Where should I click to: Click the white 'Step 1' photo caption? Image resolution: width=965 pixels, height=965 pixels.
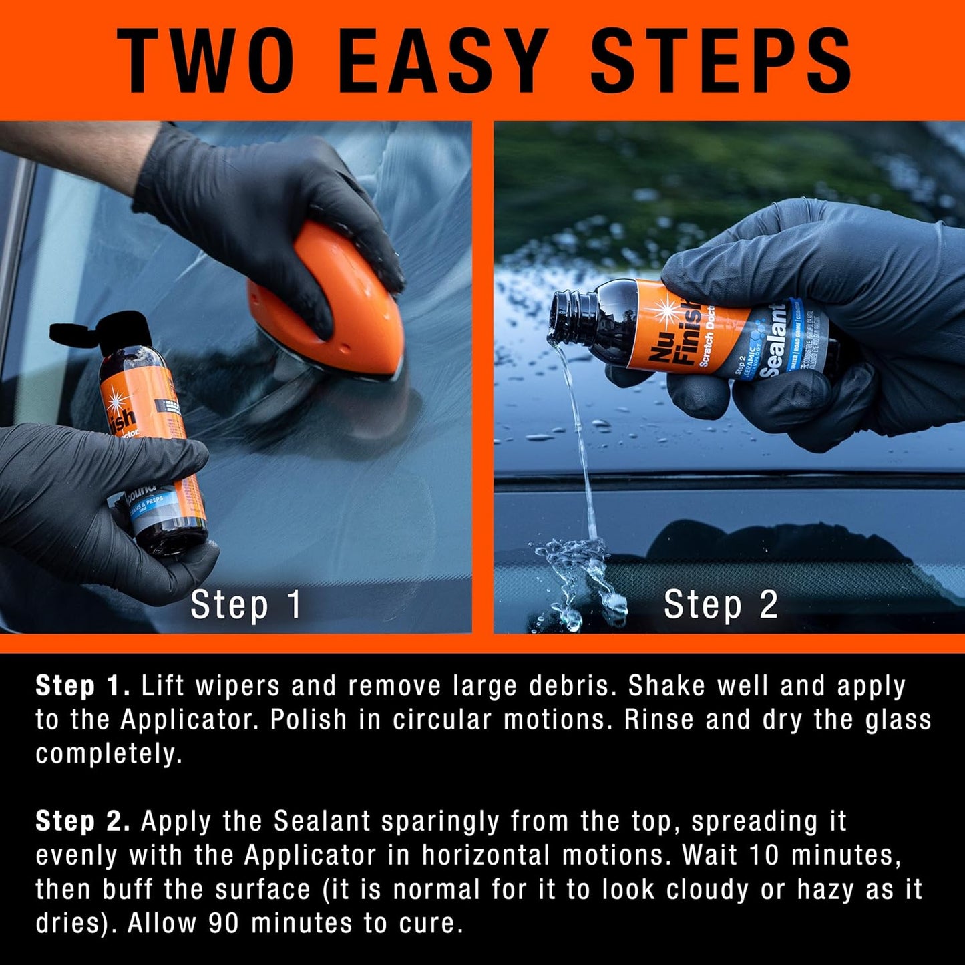(x=246, y=605)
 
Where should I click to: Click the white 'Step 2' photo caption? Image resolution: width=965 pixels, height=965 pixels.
(x=721, y=605)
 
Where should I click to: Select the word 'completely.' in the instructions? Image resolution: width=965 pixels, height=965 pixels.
(x=109, y=755)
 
